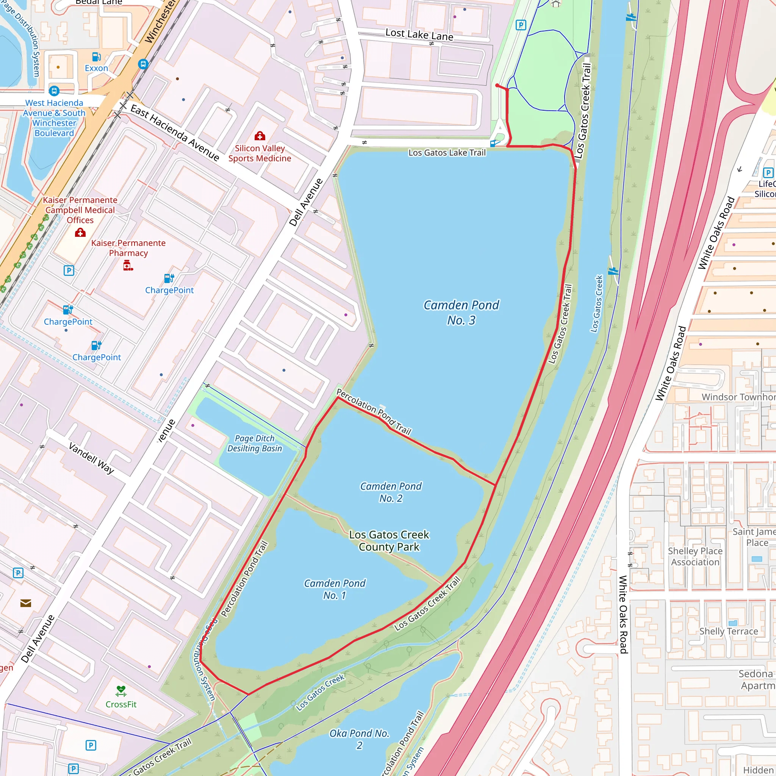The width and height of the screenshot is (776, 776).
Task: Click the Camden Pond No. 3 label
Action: [x=461, y=313]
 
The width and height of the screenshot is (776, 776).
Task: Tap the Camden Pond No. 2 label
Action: [x=390, y=492]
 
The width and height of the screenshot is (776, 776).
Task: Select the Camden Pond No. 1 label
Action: [x=335, y=589]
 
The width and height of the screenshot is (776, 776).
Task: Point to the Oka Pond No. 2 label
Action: [x=360, y=739]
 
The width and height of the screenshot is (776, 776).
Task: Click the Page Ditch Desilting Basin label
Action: [x=255, y=443]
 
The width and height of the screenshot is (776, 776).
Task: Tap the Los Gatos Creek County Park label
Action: [x=389, y=541]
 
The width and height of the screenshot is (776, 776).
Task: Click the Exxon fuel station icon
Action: [x=96, y=56]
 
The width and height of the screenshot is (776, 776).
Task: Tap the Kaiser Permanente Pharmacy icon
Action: [x=128, y=265]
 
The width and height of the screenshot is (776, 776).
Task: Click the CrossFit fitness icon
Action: [x=121, y=691]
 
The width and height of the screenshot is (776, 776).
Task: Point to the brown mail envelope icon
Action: [x=26, y=603]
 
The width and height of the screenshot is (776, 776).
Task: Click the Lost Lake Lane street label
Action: [x=419, y=34]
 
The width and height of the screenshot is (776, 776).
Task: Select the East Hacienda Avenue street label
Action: [x=175, y=133]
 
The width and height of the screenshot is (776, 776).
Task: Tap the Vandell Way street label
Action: [x=92, y=458]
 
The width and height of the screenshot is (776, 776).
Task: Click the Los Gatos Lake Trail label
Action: [x=447, y=153]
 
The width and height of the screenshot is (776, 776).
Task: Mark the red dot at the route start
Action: [x=497, y=86]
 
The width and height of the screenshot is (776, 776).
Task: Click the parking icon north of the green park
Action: [x=521, y=25]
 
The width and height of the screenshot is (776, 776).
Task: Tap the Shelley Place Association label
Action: [x=695, y=556]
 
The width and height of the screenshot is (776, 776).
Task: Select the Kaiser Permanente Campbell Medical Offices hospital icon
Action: [x=80, y=233]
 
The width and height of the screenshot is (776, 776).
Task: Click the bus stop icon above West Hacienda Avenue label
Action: [x=54, y=91]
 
